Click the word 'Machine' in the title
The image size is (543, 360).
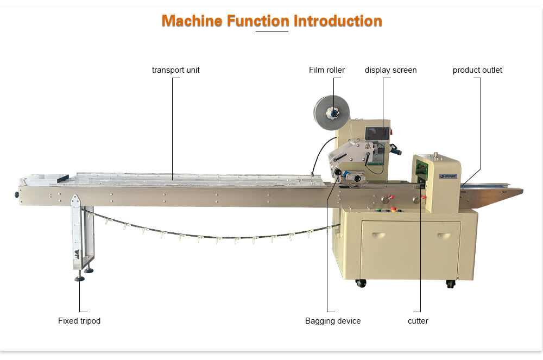192,21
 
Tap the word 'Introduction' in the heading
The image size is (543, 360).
338,21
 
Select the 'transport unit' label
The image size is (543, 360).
175,70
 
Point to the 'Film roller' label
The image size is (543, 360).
327,70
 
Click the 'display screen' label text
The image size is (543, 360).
390,70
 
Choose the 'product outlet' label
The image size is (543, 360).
477,70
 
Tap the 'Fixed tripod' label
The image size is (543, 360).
79,321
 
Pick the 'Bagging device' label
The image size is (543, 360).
333,321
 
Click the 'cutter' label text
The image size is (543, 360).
418,321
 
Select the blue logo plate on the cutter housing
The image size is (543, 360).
448,176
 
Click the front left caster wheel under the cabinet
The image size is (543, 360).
361,283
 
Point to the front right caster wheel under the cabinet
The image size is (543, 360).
450,283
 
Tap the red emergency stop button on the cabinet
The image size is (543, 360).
393,208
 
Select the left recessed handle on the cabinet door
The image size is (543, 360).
378,236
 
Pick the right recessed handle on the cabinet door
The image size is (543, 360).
444,236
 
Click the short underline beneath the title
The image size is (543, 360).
271,31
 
